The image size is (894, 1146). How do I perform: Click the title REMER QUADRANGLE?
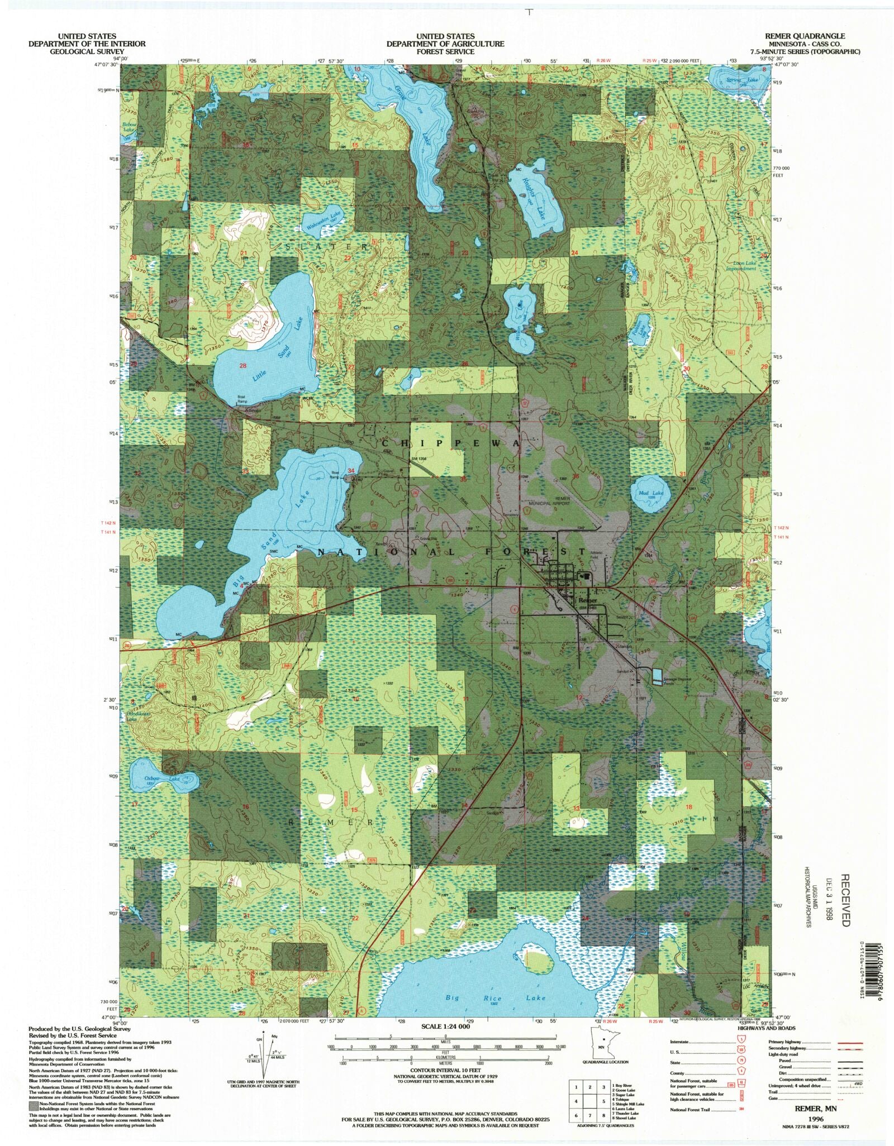pos(806,36)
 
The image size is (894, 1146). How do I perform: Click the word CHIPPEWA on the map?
pos(451,443)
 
